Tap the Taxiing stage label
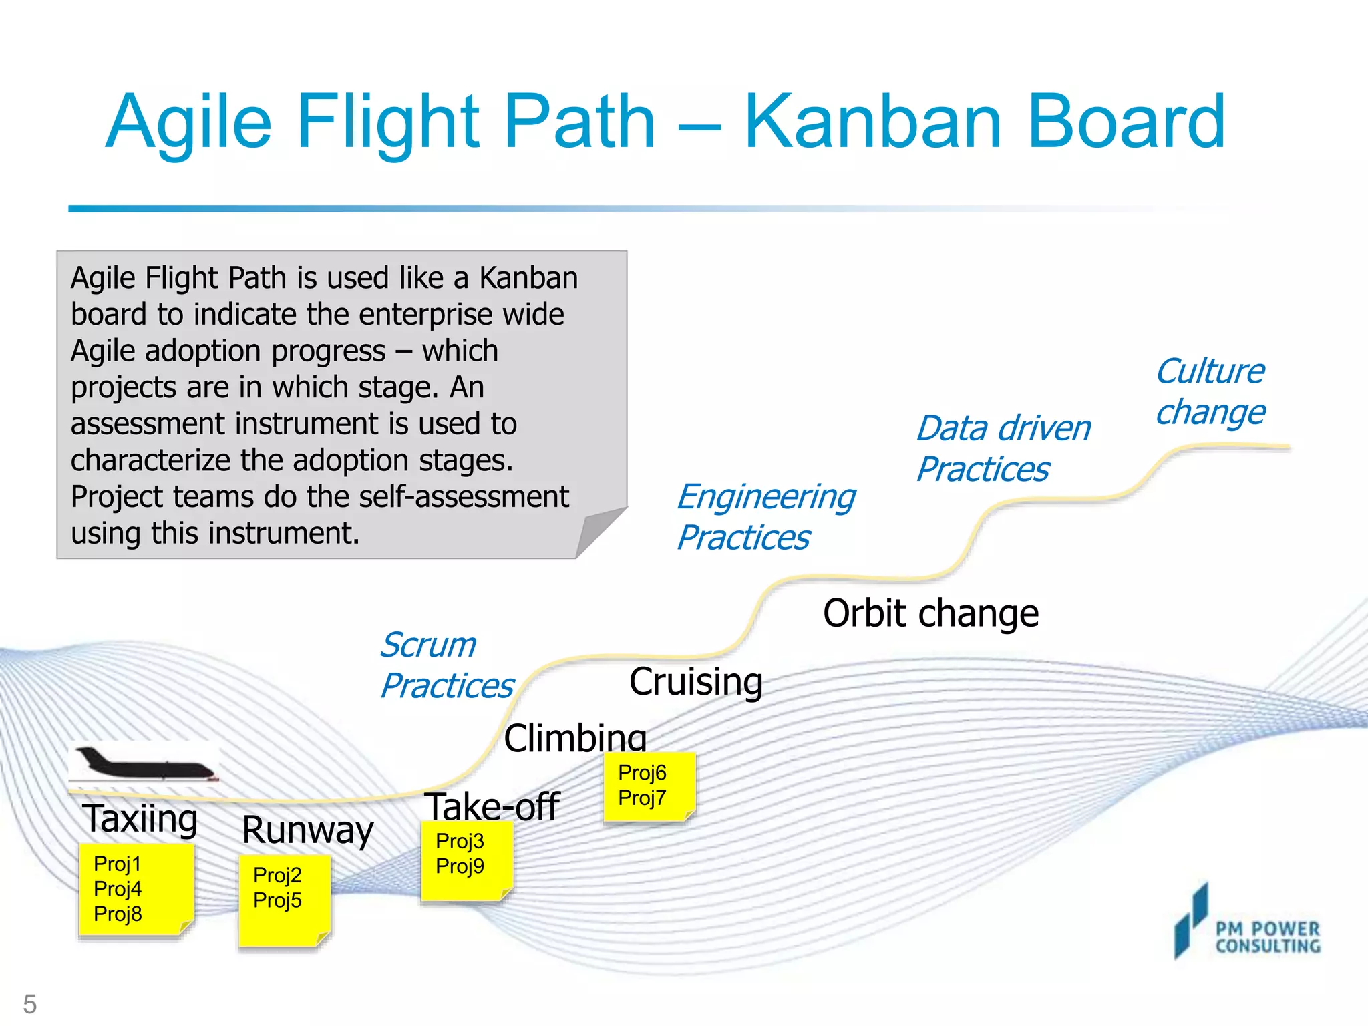[x=140, y=819]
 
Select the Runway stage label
[x=307, y=830]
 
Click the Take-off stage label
[x=492, y=806]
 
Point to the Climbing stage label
[x=575, y=738]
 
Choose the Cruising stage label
[x=695, y=682]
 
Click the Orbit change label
[x=930, y=613]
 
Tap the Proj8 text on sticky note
[x=118, y=914]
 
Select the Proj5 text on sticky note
[x=277, y=900]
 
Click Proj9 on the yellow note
[x=460, y=866]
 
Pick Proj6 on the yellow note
[x=642, y=773]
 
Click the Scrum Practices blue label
[x=446, y=665]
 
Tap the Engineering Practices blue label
[x=765, y=517]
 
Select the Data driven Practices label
[x=1002, y=448]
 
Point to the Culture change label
[x=1210, y=391]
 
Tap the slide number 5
[x=30, y=1004]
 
